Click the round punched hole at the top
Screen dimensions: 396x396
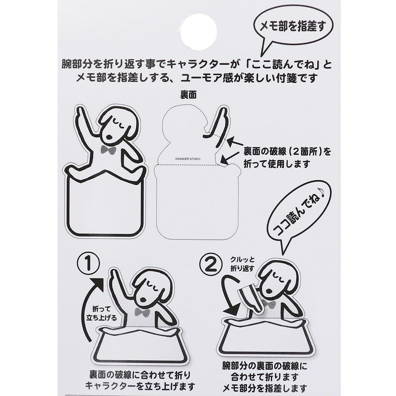click(198, 31)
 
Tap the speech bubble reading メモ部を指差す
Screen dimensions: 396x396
click(293, 26)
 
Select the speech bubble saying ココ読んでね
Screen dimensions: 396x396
click(298, 212)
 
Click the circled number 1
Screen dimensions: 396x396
click(88, 264)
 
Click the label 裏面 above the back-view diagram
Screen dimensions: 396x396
click(189, 95)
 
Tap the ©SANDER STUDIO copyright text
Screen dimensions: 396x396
click(188, 159)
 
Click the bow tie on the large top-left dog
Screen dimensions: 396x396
click(108, 149)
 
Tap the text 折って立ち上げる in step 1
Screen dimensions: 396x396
click(101, 313)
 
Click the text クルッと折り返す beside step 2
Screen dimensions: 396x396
click(242, 264)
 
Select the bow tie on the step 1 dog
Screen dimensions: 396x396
click(143, 312)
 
